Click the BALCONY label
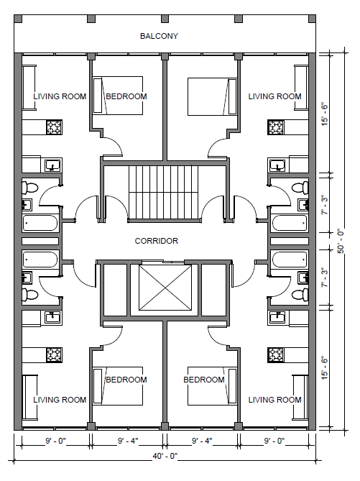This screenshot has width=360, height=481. click(159, 36)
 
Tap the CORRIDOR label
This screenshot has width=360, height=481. click(157, 241)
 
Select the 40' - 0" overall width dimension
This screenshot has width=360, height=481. click(165, 456)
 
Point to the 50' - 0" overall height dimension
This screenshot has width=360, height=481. click(341, 242)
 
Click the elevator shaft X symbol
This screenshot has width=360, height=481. click(165, 288)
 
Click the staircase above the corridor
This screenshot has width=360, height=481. click(164, 193)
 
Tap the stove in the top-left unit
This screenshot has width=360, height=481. click(55, 127)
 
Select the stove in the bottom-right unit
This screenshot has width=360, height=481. click(276, 355)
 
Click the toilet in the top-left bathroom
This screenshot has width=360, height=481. click(29, 188)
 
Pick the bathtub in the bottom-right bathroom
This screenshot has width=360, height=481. click(290, 260)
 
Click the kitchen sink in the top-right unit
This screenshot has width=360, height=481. click(278, 165)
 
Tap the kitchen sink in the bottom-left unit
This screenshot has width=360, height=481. click(52, 318)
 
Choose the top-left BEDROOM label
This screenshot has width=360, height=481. click(126, 96)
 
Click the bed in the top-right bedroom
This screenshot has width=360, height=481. click(212, 96)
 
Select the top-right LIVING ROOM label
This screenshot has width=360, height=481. click(274, 96)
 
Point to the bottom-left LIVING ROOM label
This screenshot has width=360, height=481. click(60, 400)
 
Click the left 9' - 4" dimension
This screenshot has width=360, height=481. click(128, 441)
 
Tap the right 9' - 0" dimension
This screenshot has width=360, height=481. click(274, 441)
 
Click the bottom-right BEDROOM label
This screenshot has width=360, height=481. click(204, 380)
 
